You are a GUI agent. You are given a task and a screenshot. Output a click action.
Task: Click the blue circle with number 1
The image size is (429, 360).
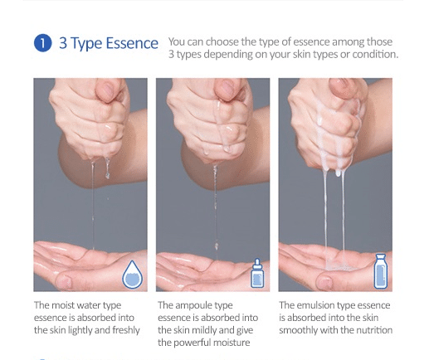coord(42,43)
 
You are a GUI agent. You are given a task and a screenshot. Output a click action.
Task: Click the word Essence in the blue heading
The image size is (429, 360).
coord(132,43)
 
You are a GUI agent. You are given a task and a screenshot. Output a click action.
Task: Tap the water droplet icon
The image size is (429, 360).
coord(133,274)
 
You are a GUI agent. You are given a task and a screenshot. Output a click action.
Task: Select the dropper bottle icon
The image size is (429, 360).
coord(257,273)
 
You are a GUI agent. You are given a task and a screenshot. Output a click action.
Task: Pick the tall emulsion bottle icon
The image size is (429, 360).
coord(381,271)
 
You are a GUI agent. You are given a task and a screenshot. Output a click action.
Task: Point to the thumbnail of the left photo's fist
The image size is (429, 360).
coord(106,89)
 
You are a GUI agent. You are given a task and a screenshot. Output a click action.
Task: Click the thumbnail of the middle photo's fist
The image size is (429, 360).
coord(227,89)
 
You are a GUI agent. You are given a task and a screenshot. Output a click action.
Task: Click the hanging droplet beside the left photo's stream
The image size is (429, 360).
coord(107,168)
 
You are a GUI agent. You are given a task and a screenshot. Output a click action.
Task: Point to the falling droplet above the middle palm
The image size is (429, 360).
coord(217,246)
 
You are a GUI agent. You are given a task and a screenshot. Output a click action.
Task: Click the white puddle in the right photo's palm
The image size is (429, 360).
coord(337,265)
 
